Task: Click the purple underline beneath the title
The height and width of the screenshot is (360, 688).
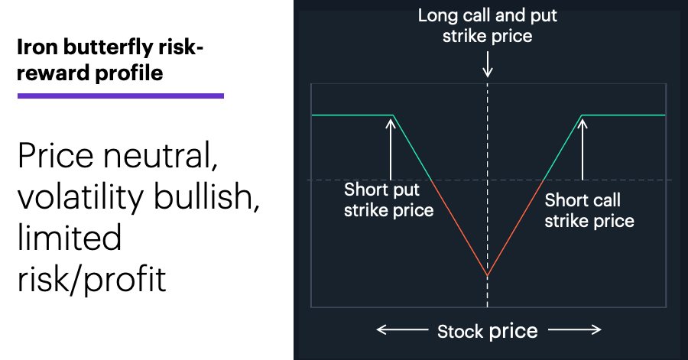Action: tap(121, 96)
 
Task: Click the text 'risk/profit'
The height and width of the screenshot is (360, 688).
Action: tap(92, 279)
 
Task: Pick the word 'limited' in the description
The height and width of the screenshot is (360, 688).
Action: tap(70, 237)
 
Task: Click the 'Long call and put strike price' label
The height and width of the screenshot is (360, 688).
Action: tap(487, 25)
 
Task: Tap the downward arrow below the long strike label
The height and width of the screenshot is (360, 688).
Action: tap(487, 65)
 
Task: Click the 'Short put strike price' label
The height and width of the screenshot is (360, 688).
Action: tap(388, 200)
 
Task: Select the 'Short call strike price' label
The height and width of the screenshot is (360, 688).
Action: tap(589, 210)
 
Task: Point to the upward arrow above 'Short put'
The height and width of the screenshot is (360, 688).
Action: tap(391, 149)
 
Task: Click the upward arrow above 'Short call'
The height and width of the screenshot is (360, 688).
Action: tap(583, 149)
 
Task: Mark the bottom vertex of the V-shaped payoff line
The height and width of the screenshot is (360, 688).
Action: tap(487, 275)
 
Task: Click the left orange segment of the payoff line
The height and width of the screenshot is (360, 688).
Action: tap(459, 228)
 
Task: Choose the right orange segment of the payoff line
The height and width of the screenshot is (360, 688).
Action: tap(515, 228)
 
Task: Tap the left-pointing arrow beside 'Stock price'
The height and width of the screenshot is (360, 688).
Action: tap(402, 329)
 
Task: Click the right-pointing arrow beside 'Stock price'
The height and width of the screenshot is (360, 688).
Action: tap(575, 329)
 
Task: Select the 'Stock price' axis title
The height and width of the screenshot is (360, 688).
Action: tap(487, 331)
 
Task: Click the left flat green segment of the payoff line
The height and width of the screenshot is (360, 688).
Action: tap(352, 115)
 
